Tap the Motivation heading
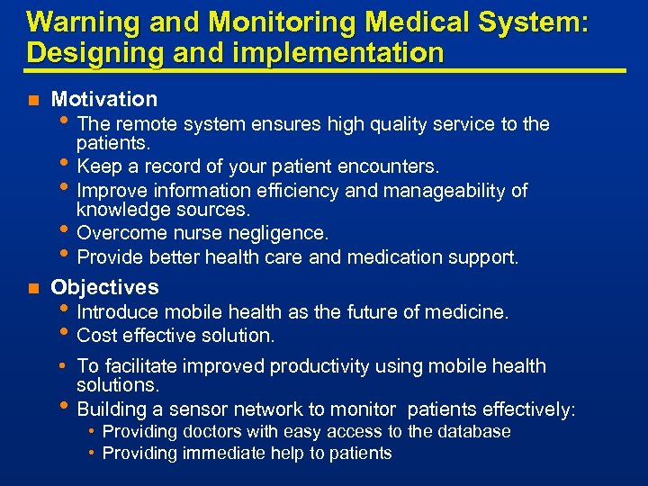pos(104,99)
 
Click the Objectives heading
pos(104,287)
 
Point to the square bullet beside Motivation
pos(33,100)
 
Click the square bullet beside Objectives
pos(33,288)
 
